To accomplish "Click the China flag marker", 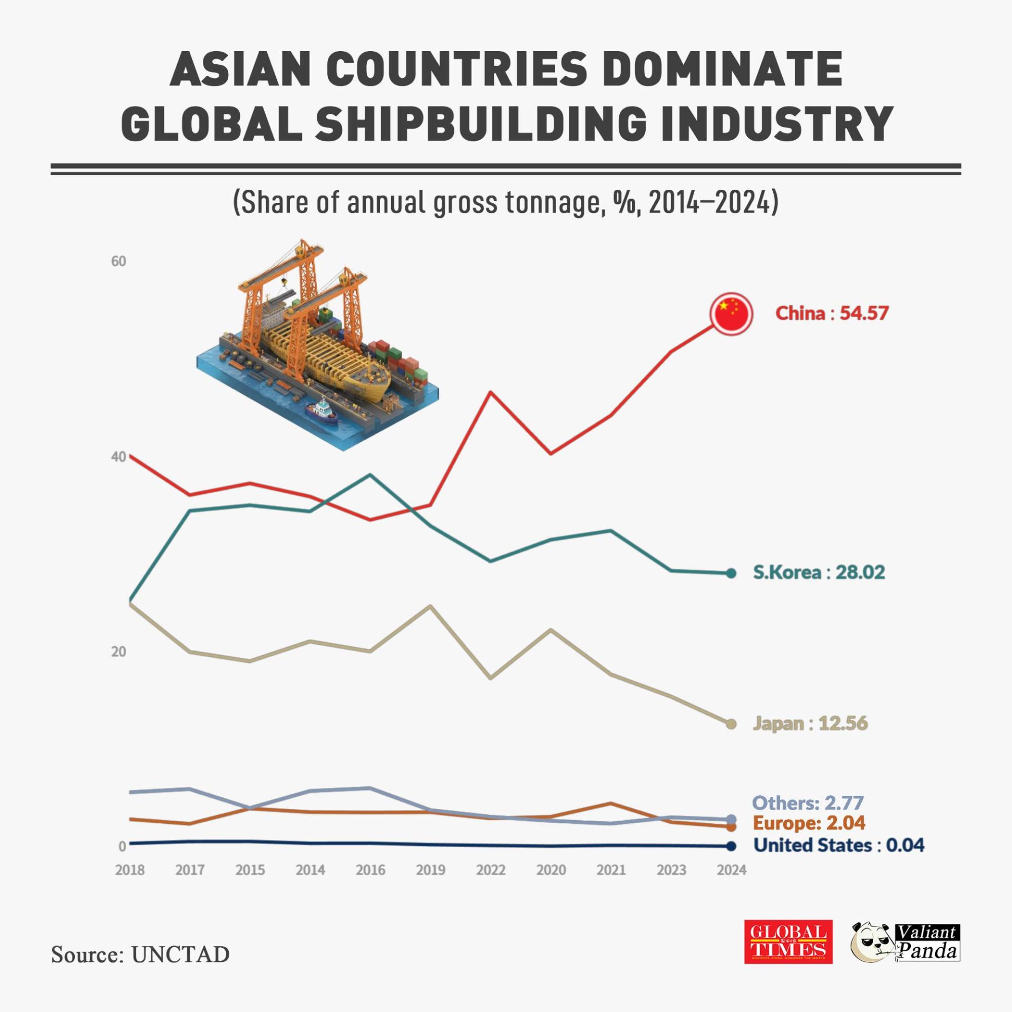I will point(731,314).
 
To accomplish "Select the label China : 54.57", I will point(832,313).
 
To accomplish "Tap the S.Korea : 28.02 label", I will point(819,572).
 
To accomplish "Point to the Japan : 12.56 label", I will point(810,724).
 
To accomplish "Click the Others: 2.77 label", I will point(808,803).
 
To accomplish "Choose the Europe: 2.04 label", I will point(809,823).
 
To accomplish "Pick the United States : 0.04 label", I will point(838,846).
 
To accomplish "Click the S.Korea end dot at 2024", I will point(731,574).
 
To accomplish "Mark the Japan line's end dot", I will point(731,724).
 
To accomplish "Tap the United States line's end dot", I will point(731,846).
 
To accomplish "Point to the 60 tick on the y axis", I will point(118,261).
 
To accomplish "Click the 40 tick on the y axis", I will point(118,457).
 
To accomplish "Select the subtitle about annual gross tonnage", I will point(505,203).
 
